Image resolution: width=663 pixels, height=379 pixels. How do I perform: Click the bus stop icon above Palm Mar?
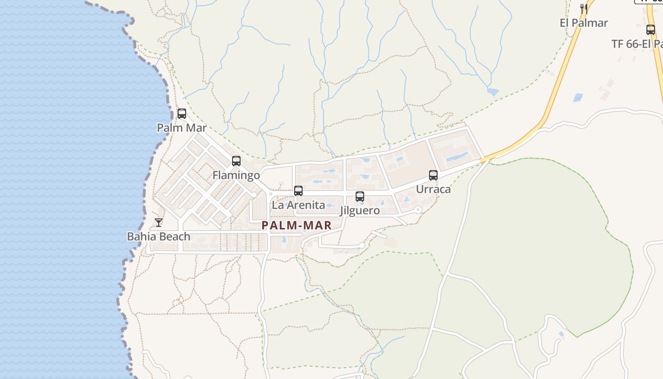click(182, 114)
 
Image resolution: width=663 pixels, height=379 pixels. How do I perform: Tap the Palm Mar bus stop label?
click(182, 128)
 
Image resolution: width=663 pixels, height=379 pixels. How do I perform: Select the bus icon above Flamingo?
click(236, 161)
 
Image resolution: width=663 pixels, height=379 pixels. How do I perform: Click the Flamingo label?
click(236, 175)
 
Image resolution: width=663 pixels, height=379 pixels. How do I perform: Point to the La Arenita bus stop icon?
click(298, 191)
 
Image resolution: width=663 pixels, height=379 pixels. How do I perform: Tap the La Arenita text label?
click(298, 205)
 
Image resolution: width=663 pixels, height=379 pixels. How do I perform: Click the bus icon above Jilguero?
click(360, 196)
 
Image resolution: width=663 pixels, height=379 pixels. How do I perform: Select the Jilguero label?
click(360, 210)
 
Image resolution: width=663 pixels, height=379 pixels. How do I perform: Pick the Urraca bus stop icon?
click(433, 175)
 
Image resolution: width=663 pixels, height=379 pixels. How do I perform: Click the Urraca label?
click(433, 189)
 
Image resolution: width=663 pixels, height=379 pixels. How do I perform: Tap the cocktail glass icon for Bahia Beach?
click(159, 222)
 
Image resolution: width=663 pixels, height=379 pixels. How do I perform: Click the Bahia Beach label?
click(159, 236)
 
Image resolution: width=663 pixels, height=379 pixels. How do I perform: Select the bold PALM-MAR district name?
click(297, 226)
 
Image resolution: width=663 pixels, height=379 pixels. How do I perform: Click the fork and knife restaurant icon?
click(584, 9)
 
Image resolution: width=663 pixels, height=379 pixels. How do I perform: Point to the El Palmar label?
click(584, 23)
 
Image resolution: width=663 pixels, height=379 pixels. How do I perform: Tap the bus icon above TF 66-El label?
click(651, 30)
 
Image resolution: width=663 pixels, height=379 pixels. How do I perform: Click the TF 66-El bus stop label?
click(637, 44)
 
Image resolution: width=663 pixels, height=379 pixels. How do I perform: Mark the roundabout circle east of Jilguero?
click(418, 209)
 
